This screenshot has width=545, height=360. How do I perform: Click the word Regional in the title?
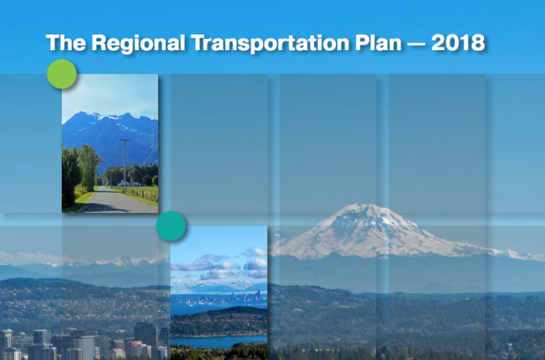138,44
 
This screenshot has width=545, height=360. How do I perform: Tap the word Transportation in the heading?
270,43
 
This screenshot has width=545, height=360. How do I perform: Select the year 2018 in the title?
458,42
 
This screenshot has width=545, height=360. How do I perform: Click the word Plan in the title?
378,42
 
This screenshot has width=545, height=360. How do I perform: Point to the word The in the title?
66,42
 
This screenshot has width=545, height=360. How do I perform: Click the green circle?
62,74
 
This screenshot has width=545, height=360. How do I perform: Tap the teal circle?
171,226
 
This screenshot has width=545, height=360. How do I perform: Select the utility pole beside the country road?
125,166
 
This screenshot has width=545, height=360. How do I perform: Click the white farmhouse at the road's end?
124,184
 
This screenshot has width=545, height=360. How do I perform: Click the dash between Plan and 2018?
417,44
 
